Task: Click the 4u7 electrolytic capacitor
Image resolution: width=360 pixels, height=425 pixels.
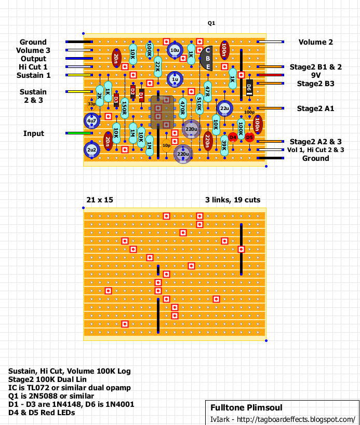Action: click(92, 120)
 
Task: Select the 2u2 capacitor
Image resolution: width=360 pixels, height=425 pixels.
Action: click(92, 149)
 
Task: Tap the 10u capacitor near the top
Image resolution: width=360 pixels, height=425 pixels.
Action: click(175, 50)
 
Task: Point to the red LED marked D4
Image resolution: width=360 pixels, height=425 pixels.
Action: click(233, 138)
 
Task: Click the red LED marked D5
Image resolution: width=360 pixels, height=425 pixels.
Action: click(249, 138)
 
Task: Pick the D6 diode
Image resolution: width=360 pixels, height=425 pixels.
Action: click(249, 88)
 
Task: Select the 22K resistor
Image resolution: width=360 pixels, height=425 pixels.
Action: click(158, 66)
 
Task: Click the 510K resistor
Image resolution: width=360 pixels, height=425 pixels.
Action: click(199, 104)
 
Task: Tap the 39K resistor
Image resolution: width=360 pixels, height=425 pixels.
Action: click(224, 145)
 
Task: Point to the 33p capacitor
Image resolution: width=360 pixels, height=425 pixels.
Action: click(92, 104)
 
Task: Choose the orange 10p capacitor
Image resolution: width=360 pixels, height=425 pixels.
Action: click(166, 145)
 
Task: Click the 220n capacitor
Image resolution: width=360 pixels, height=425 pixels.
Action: click(208, 142)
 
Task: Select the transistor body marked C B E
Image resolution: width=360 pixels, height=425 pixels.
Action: click(207, 58)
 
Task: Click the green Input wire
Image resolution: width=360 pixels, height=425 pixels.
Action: click(79, 133)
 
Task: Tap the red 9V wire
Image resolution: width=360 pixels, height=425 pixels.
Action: click(270, 75)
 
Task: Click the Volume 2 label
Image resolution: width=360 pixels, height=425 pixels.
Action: click(316, 42)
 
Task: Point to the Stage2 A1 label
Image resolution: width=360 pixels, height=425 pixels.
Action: click(315, 108)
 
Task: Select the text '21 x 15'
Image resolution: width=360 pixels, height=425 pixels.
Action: click(100, 200)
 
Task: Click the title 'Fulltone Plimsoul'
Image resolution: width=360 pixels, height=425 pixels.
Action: click(246, 407)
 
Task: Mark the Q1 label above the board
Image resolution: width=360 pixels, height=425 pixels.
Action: click(211, 23)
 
